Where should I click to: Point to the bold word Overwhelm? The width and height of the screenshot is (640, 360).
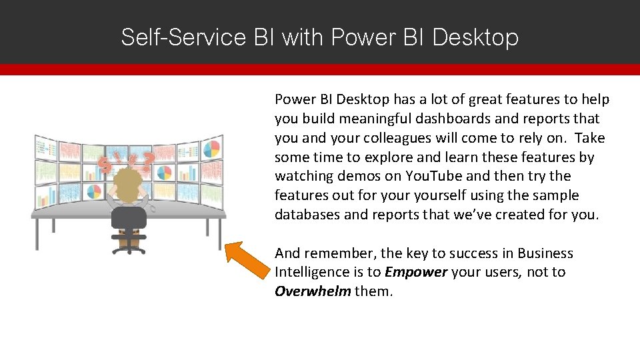(x=313, y=291)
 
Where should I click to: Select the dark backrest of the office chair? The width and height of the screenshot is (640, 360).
(x=128, y=217)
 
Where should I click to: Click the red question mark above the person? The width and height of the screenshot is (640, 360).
(x=148, y=160)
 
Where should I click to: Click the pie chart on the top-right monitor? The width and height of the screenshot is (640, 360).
(x=211, y=148)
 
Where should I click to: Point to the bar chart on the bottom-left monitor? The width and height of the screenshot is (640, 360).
(x=45, y=197)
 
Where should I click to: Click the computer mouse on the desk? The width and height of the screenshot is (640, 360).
(x=153, y=209)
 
